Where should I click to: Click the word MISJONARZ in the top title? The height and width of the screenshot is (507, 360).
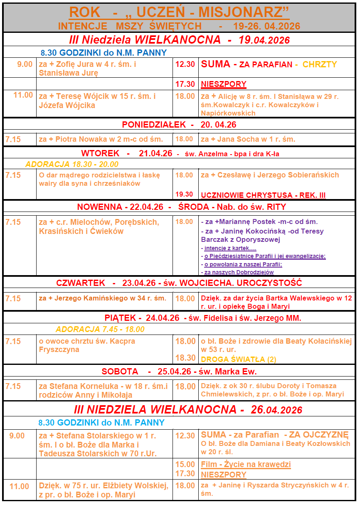244,12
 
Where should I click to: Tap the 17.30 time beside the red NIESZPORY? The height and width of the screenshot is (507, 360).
185,84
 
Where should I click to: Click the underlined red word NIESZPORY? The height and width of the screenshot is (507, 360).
224,84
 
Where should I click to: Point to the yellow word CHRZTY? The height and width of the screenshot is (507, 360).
320,64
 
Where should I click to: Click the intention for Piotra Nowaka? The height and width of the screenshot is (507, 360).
101,139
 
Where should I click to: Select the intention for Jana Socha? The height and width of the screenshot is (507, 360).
248,139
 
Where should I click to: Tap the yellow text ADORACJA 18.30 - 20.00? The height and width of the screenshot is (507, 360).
72,164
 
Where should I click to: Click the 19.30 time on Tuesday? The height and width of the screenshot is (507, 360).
184,194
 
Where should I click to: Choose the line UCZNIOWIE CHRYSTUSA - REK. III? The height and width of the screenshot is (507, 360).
263,194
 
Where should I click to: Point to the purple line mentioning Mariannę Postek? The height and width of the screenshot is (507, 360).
259,222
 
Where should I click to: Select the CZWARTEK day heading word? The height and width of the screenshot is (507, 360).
81,283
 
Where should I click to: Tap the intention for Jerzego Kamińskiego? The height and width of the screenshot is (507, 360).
103,298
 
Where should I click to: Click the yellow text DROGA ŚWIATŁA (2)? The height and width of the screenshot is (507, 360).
239,359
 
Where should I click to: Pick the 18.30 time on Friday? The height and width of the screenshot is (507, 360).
185,358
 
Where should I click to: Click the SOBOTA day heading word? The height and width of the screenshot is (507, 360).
120,372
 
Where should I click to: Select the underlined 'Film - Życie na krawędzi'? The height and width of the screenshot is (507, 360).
246,464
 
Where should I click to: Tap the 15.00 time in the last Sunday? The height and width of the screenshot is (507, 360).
185,464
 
